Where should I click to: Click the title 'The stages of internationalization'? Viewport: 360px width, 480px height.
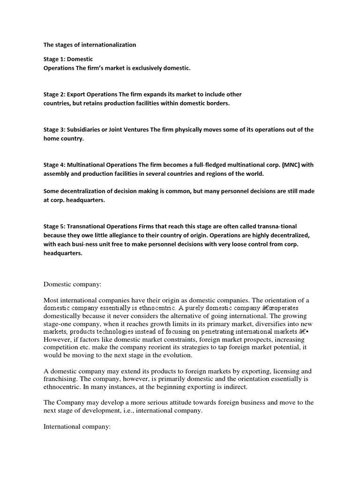(90, 45)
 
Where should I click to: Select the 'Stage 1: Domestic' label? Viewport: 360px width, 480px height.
(68, 59)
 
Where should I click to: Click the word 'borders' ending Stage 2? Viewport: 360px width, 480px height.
(218, 103)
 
